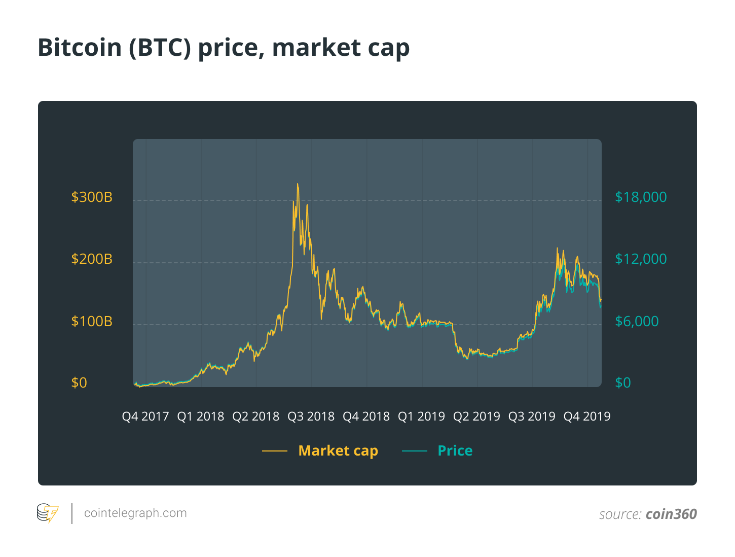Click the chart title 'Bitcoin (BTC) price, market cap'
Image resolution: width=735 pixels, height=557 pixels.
pos(224,48)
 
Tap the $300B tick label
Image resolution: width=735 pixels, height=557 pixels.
pos(92,197)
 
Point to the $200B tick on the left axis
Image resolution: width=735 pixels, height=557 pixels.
pos(92,259)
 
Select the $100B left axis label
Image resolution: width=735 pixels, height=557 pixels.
pos(92,321)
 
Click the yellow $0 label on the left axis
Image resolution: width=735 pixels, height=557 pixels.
pos(79,382)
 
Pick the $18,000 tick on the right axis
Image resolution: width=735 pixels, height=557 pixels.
pos(641,197)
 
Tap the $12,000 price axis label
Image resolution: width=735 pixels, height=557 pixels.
pos(641,259)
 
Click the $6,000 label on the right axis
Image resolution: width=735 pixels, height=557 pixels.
pos(637,321)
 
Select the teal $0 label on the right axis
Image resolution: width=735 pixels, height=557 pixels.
pos(623,382)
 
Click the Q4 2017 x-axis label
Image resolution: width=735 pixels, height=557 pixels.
pos(145,416)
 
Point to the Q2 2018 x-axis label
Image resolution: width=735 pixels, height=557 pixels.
pos(256,416)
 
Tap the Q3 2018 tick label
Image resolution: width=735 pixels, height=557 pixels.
pos(311,416)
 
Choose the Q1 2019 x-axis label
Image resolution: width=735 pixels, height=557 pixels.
pos(421,416)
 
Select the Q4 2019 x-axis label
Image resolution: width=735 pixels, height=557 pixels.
pos(587,416)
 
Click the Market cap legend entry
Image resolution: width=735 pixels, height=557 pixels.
pos(338,450)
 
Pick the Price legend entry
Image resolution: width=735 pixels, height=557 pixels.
pos(455,450)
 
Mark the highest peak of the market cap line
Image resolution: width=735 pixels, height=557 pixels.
pos(298,184)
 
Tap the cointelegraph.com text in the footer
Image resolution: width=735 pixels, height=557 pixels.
pos(135,513)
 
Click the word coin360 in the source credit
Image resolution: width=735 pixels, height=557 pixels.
pos(671,514)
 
